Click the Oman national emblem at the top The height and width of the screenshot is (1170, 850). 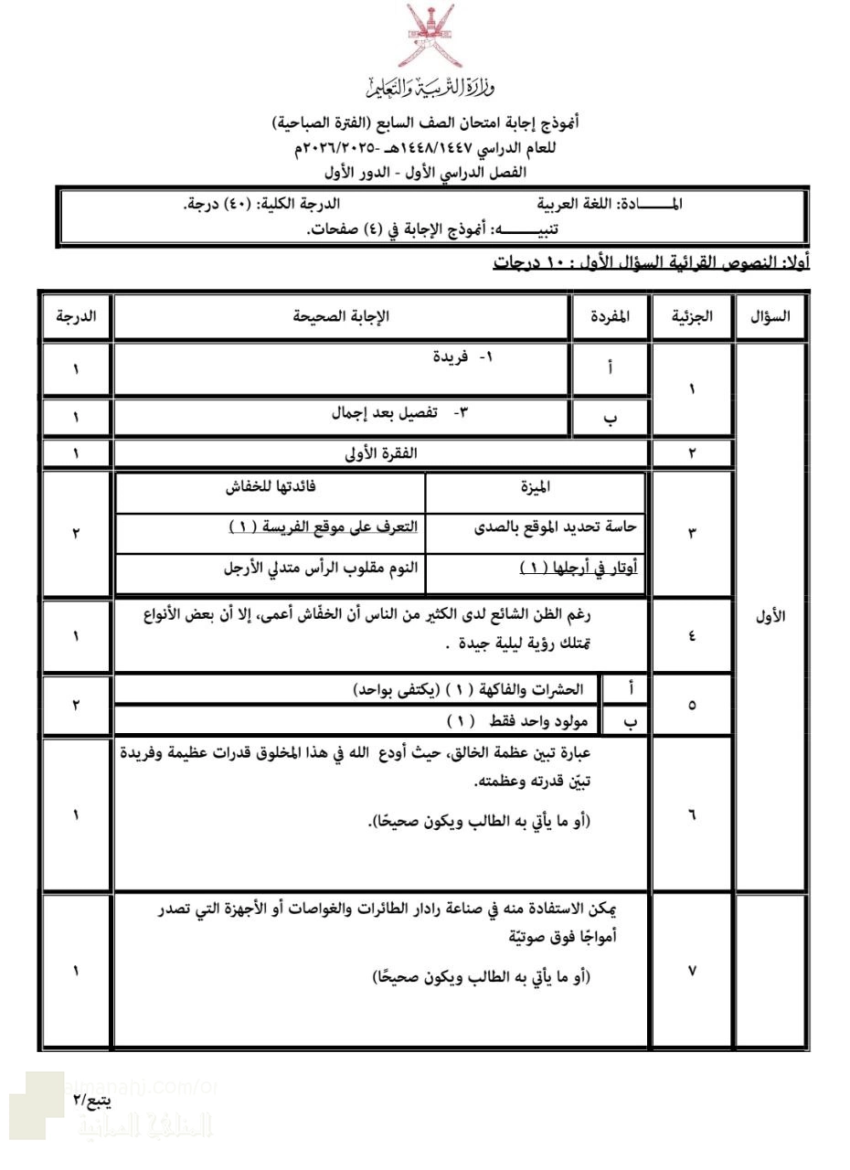(x=429, y=36)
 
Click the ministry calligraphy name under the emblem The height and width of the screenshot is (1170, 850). (x=429, y=88)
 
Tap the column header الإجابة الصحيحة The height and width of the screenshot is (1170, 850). (x=341, y=316)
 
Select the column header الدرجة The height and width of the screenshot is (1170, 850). (x=76, y=316)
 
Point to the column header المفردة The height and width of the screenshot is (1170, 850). (x=610, y=316)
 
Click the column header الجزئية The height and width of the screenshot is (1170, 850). (x=692, y=316)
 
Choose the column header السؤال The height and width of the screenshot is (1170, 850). (x=770, y=316)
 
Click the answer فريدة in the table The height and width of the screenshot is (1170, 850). (x=462, y=356)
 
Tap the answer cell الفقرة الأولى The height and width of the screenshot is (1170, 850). (x=378, y=452)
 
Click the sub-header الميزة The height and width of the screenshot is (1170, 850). (x=535, y=487)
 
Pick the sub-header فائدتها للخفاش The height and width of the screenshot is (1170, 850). (x=271, y=487)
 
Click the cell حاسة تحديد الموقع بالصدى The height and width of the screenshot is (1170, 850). (x=557, y=526)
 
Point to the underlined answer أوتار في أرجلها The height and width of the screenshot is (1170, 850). (x=579, y=568)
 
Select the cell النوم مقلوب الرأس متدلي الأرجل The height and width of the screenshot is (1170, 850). (x=321, y=568)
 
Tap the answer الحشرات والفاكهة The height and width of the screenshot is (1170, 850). (x=468, y=689)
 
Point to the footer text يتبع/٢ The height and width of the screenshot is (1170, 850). (x=92, y=1100)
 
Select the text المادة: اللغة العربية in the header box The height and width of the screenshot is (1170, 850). (x=609, y=204)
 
